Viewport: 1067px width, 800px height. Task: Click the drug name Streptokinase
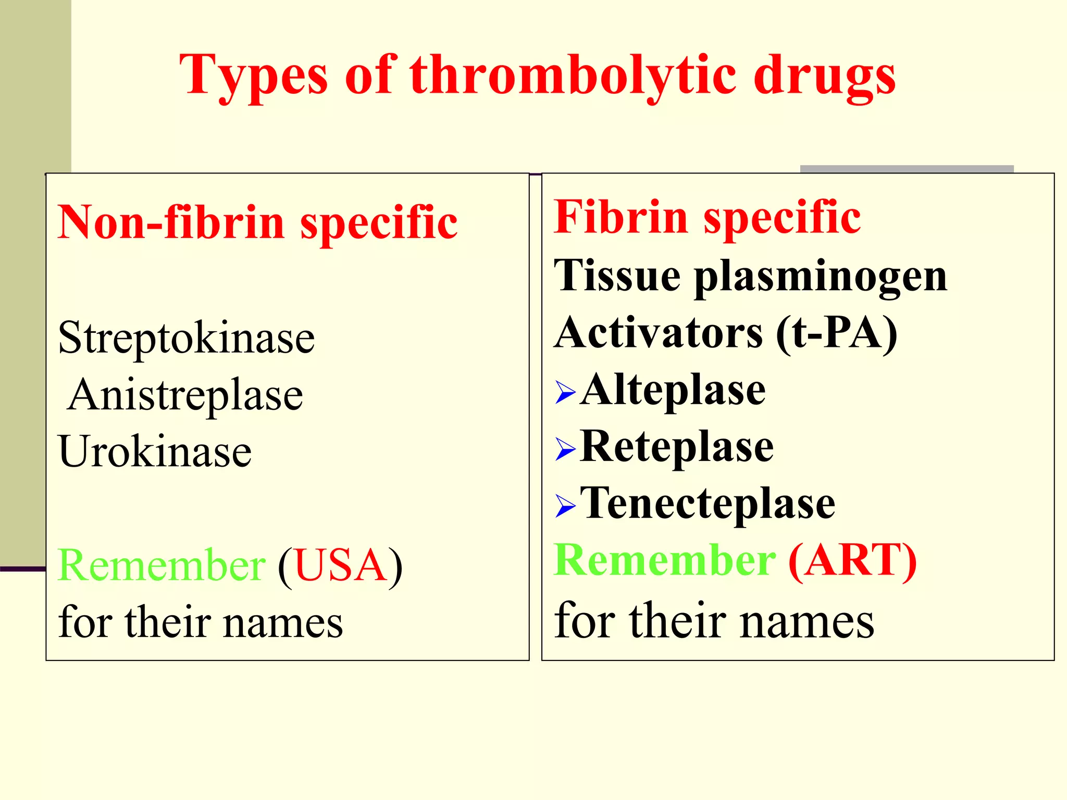coord(187,338)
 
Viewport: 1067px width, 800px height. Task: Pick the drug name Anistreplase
coord(185,395)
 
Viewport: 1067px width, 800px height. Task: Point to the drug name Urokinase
coord(155,451)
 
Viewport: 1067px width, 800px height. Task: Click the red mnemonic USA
coord(340,566)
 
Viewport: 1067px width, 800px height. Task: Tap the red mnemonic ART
coord(852,560)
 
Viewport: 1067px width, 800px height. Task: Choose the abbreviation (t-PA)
coord(837,333)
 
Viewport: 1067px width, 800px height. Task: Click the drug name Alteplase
coord(674,391)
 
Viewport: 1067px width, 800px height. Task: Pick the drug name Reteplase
coord(677,447)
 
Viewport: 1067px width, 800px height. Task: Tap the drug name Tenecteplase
coord(708,504)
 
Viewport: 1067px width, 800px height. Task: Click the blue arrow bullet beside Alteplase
coord(565,392)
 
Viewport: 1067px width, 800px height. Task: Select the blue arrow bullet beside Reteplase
coord(565,449)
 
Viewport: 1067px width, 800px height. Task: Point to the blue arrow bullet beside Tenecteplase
coord(565,506)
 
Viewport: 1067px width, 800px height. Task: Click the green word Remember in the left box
coord(162,566)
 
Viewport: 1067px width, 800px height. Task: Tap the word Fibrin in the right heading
coord(620,217)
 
